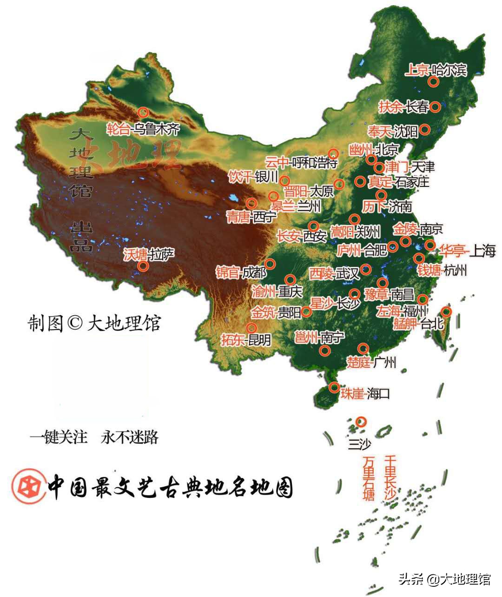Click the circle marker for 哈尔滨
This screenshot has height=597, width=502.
coord(433,82)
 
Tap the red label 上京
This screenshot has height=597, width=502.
coord(417,70)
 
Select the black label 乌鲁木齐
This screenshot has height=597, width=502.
coord(156,129)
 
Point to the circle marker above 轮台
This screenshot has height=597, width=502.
coord(143,112)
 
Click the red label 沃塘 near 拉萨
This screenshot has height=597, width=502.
coord(135,254)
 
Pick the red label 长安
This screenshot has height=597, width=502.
coord(288,236)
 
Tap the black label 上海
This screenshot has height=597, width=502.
coord(482,251)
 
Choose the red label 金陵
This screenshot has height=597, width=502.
coord(405,229)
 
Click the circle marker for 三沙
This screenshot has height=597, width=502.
coord(361,422)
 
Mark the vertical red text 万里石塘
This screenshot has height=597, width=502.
coord(369,478)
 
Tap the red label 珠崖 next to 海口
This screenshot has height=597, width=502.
coord(352,394)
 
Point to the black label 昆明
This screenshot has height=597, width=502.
coord(259,340)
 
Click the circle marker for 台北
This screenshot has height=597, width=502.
coord(445,312)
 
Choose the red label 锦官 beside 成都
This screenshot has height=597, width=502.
coord(228,272)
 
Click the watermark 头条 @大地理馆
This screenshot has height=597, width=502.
coord(444,579)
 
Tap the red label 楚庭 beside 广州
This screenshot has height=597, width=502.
coord(359,362)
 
